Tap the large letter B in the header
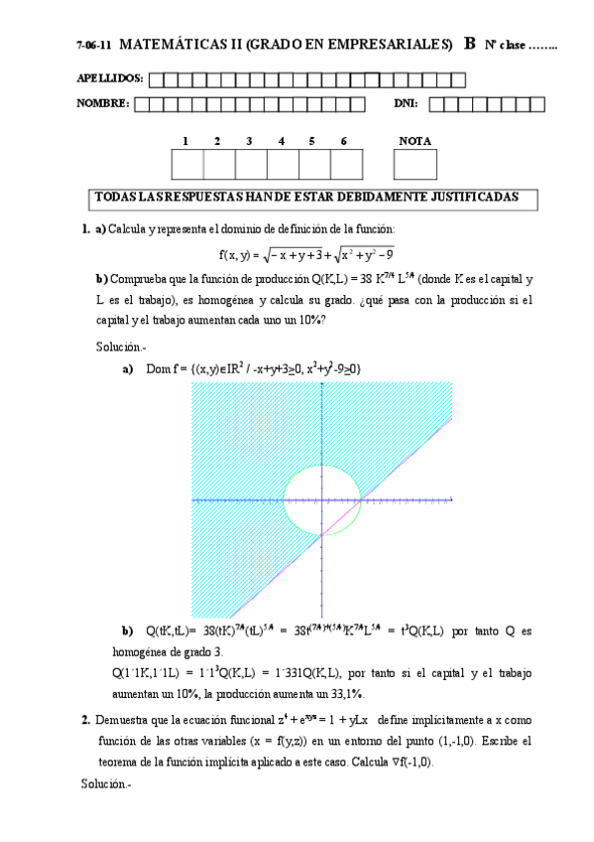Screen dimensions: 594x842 pyautogui.click(x=469, y=44)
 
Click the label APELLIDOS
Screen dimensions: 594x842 pyautogui.click(x=109, y=77)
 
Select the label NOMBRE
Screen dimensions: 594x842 pyautogui.click(x=102, y=103)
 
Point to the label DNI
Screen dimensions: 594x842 pyautogui.click(x=407, y=103)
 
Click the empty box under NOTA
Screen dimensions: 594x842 pyautogui.click(x=415, y=164)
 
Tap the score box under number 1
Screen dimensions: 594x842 pyautogui.click(x=187, y=164)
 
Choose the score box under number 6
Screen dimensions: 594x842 pyautogui.click(x=345, y=164)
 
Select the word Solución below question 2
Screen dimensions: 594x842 pyautogui.click(x=105, y=783)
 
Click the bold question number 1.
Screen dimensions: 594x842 pyautogui.click(x=86, y=229)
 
